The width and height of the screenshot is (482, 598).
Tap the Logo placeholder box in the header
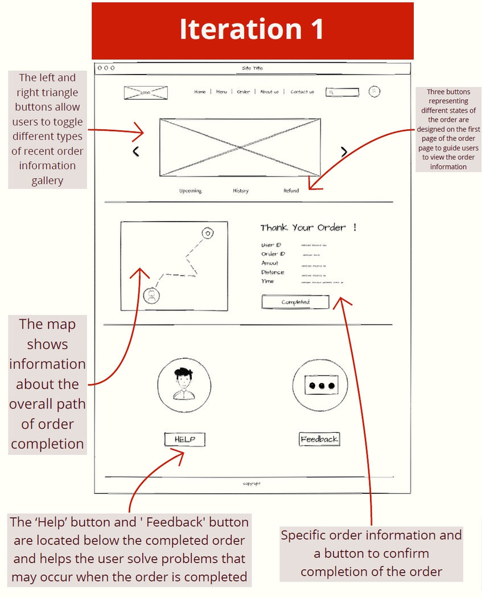pyautogui.click(x=146, y=92)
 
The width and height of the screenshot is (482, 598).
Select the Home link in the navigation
pyautogui.click(x=200, y=92)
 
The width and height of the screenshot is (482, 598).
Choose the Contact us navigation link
pyautogui.click(x=302, y=92)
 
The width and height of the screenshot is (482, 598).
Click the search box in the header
pyautogui.click(x=343, y=92)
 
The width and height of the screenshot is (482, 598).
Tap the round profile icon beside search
pyautogui.click(x=374, y=91)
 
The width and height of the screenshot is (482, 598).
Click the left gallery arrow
pyautogui.click(x=136, y=151)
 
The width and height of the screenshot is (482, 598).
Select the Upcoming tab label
pyautogui.click(x=190, y=191)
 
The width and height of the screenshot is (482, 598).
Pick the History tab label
pyautogui.click(x=241, y=191)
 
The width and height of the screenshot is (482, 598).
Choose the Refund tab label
pyautogui.click(x=291, y=191)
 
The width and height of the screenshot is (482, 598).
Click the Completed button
pyautogui.click(x=295, y=302)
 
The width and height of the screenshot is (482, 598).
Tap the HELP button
pyautogui.click(x=184, y=439)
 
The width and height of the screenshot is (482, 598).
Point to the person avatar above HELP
pyautogui.click(x=184, y=385)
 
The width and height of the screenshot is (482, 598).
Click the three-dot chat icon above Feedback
pyautogui.click(x=319, y=386)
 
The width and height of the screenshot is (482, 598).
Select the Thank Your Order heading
pyautogui.click(x=308, y=228)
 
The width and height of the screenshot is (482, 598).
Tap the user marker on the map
pyautogui.click(x=151, y=296)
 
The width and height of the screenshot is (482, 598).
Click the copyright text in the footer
pyautogui.click(x=252, y=484)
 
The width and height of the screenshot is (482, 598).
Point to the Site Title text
pyautogui.click(x=252, y=68)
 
